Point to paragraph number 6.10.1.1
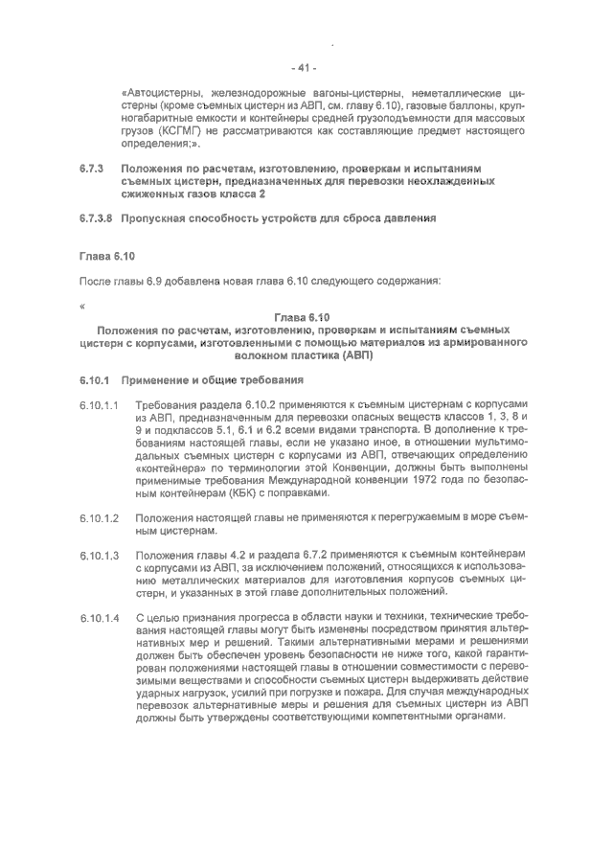[100, 406]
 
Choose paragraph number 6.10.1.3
[100, 556]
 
